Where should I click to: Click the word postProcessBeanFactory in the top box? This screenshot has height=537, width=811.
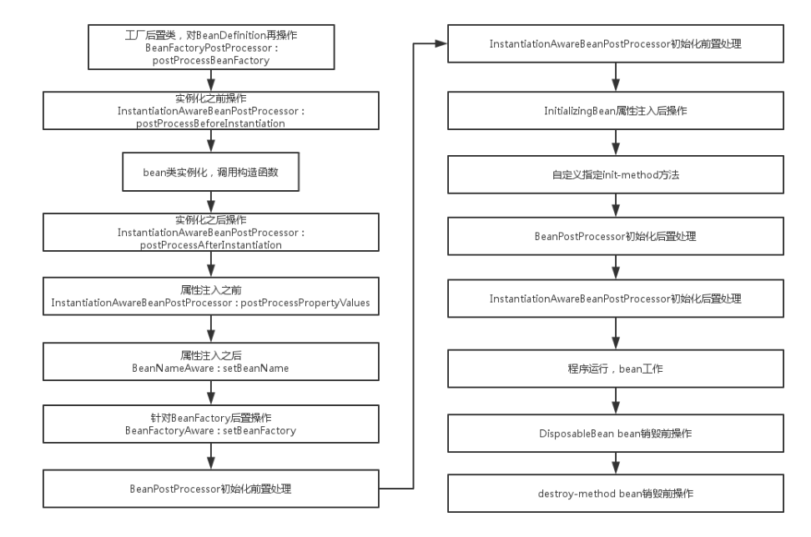point(211,61)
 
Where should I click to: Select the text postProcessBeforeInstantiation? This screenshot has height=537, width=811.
point(210,123)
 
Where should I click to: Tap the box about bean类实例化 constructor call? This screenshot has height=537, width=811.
point(211,172)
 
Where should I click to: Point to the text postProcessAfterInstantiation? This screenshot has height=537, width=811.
point(210,245)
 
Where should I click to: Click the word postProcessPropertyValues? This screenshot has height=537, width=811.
point(305,303)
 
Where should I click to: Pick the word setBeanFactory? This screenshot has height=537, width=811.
point(259,430)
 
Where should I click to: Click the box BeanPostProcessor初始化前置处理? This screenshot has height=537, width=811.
point(211,489)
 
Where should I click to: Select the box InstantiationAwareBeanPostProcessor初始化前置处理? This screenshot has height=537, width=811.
point(616,44)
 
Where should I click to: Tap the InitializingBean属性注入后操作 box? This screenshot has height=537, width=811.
point(616,111)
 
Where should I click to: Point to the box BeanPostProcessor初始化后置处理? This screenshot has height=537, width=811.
point(616,236)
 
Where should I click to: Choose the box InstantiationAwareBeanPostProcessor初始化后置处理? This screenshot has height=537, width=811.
point(616,299)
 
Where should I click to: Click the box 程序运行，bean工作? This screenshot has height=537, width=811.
point(616,369)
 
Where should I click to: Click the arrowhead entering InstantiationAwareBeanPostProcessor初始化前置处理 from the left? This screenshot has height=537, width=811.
point(441,44)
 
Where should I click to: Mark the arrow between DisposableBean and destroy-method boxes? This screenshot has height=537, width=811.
point(616,464)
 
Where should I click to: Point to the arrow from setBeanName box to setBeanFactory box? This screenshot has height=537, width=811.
point(211,393)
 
